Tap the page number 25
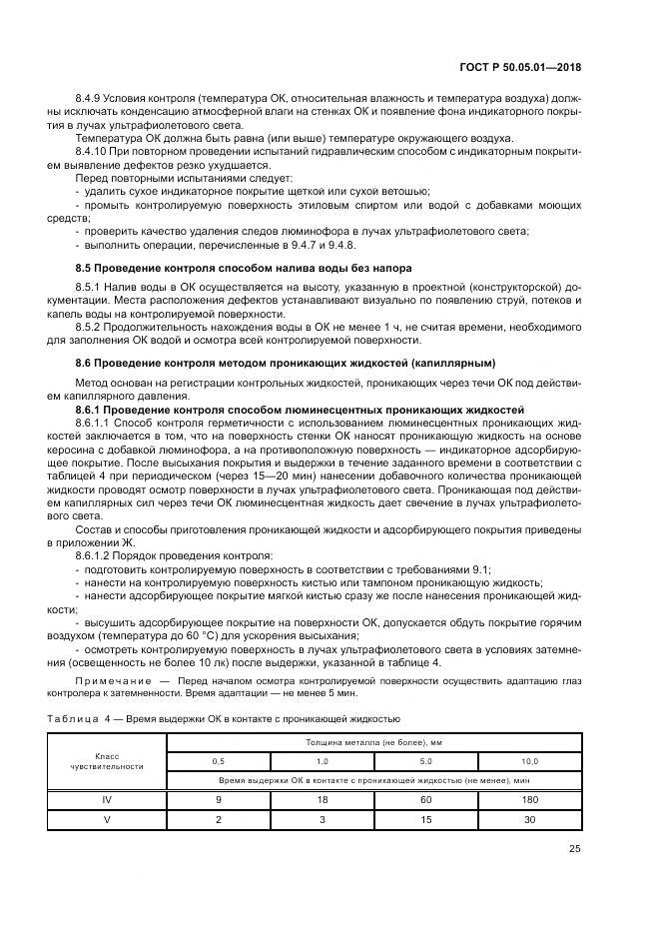(x=574, y=850)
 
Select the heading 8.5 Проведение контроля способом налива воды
(x=244, y=269)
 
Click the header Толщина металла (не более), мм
(x=372, y=742)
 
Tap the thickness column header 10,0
(x=529, y=761)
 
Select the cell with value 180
(x=529, y=799)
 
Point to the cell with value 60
(x=424, y=799)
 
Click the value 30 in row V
(x=529, y=819)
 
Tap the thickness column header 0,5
(x=219, y=761)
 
